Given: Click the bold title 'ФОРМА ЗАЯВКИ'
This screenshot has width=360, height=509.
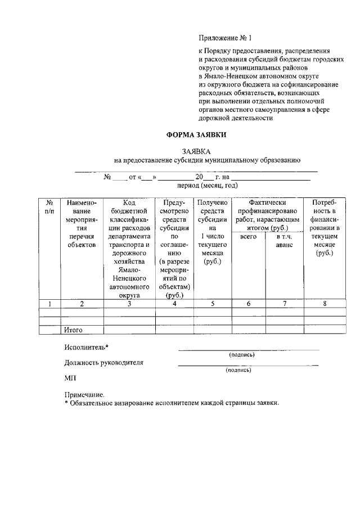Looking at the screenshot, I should pos(196,136).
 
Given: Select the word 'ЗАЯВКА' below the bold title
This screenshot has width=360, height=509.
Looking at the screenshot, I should pos(196,152).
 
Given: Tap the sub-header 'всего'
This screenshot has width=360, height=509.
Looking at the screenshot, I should pos(248,237).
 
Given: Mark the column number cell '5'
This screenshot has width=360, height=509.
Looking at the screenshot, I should pos(211,304).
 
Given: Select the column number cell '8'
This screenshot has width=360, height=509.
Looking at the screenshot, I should pos(325,304).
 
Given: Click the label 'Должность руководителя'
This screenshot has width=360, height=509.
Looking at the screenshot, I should pos(103,363).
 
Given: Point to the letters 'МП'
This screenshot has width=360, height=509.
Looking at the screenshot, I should pos(70,379).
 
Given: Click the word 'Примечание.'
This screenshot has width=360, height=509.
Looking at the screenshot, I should pos(84,395).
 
